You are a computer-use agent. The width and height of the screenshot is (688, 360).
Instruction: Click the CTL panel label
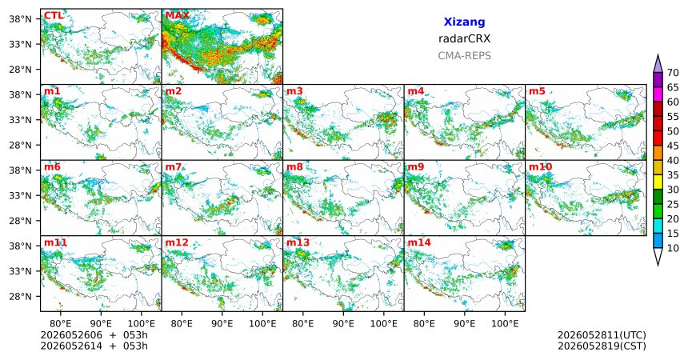click(x=54, y=16)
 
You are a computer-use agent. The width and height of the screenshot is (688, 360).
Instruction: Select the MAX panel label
click(x=178, y=16)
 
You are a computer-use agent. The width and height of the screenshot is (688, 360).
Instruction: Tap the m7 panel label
click(x=174, y=167)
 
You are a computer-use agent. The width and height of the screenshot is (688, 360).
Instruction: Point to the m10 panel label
click(x=541, y=167)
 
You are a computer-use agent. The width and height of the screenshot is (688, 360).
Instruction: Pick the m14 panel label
click(x=419, y=242)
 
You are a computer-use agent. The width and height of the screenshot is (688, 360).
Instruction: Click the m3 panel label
click(x=294, y=91)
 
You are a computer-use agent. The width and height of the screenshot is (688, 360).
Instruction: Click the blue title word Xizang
click(x=464, y=22)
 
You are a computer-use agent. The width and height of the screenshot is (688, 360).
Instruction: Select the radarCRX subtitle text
click(x=464, y=38)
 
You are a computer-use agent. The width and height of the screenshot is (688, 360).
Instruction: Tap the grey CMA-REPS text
click(x=464, y=56)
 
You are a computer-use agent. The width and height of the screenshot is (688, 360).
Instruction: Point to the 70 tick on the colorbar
click(x=673, y=73)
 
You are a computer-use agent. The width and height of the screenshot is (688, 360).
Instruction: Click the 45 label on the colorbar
click(x=673, y=146)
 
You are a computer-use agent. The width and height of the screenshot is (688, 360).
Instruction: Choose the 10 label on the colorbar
click(x=673, y=248)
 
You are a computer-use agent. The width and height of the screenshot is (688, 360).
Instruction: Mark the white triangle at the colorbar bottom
click(x=658, y=255)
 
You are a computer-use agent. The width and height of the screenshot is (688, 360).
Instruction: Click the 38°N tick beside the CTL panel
click(x=21, y=19)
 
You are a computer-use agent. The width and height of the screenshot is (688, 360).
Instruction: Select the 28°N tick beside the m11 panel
click(x=21, y=296)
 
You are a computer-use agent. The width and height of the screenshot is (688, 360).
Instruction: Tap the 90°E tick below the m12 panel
click(x=222, y=324)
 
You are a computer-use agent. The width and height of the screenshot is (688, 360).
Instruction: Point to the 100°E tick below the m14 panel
click(x=505, y=324)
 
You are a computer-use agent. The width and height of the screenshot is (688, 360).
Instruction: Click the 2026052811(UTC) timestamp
click(x=602, y=335)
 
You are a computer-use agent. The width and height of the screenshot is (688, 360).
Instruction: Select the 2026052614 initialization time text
click(x=71, y=346)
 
